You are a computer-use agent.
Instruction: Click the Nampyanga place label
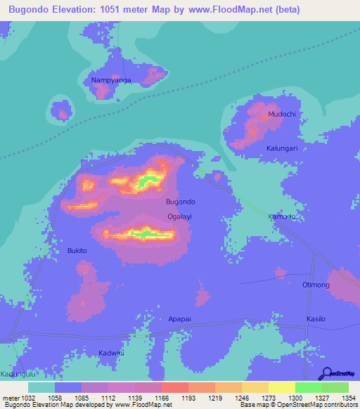point(111,80)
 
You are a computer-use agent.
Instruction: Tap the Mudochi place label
point(281,114)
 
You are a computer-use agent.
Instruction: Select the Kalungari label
point(282,148)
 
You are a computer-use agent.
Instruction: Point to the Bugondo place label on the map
point(180,202)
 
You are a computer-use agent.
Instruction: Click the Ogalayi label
point(179,216)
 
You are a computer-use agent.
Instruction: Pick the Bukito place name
point(77,250)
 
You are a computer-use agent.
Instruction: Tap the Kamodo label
point(281,216)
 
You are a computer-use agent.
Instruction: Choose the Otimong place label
point(315,284)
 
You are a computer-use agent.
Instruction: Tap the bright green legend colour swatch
point(308,387)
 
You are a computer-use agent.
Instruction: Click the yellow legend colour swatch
point(281,387)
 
